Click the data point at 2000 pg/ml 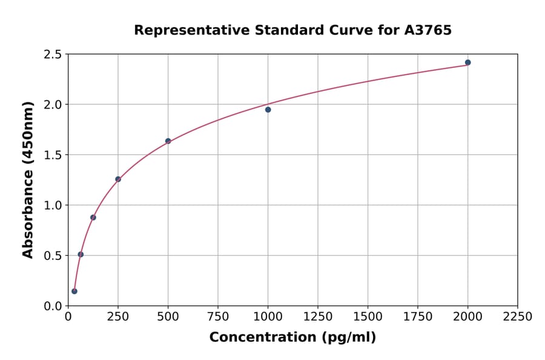(x=467, y=62)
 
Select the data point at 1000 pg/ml (x=268, y=110)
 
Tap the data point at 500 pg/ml (x=168, y=141)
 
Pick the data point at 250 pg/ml (x=118, y=179)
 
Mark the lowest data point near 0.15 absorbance (x=74, y=291)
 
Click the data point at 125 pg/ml (x=93, y=218)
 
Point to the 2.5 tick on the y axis (x=53, y=55)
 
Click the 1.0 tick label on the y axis (x=53, y=205)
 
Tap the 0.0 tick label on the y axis (x=53, y=306)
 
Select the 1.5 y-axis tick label (x=53, y=155)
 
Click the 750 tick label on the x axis (x=218, y=317)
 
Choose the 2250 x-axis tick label (x=517, y=317)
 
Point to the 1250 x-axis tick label (x=317, y=317)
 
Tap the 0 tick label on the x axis (x=68, y=317)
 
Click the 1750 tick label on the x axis (x=417, y=317)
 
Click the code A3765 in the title (x=428, y=30)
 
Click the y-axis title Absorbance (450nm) (x=28, y=180)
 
